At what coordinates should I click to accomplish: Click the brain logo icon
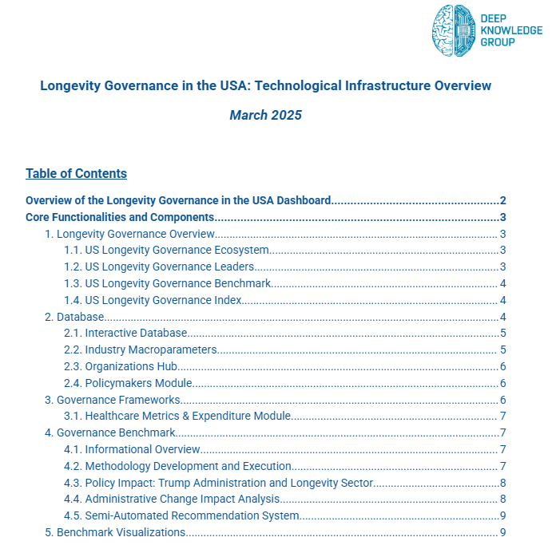tap(453, 30)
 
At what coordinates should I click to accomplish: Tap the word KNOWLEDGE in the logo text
tap(511, 30)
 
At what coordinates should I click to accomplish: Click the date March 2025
tap(265, 115)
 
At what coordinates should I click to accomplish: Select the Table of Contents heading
tap(76, 173)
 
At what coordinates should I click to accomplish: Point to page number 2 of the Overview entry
tap(502, 200)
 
